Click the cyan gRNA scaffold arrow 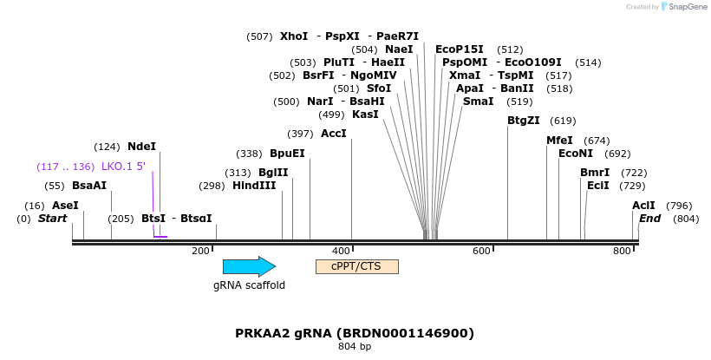point(249,267)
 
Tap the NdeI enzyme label point(141,147)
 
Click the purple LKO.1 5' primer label point(123,167)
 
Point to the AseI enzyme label point(65,206)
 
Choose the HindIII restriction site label point(254,186)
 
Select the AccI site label point(334,134)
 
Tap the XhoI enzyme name point(294,36)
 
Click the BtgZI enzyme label point(524,121)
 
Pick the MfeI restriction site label point(559,141)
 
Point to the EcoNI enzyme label point(576,154)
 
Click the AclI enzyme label point(643,206)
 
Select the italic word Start point(52,219)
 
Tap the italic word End point(649,219)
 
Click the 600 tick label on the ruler point(481,251)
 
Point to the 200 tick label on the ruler point(200,251)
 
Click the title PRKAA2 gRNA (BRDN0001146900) point(355,333)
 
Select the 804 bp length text point(355,347)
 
